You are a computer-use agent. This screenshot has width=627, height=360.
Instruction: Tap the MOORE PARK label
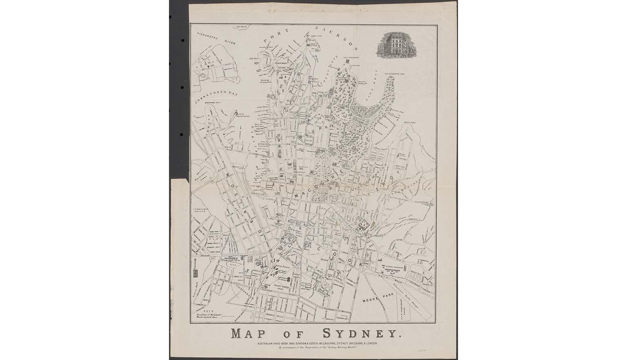pos(375,299)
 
